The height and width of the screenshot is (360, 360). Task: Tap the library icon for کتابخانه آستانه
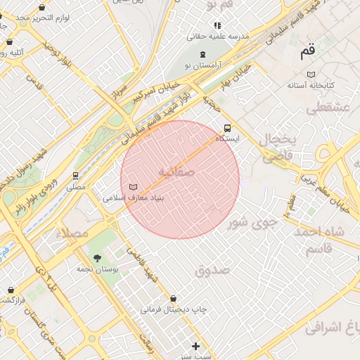(x=311, y=74)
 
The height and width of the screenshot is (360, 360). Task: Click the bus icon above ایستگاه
(x=227, y=128)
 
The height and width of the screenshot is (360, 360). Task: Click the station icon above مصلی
(x=75, y=176)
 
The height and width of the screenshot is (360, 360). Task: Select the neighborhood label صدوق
(x=213, y=269)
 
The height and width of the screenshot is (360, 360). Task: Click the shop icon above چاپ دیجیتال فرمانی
(x=173, y=298)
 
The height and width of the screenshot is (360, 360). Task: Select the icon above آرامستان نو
(x=203, y=54)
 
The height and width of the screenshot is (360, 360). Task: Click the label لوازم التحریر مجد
(x=42, y=16)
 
